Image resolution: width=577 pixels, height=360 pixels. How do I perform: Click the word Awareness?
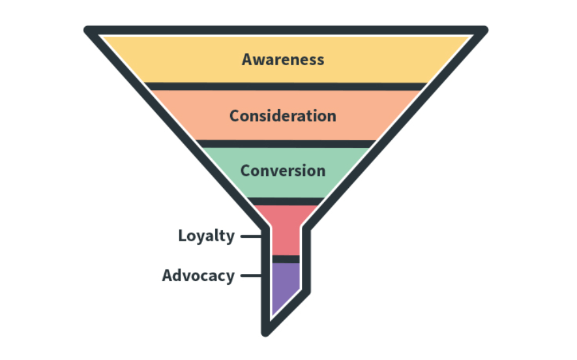point(283,59)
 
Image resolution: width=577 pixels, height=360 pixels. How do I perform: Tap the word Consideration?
point(283,116)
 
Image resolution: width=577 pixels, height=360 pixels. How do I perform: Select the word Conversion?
point(283,171)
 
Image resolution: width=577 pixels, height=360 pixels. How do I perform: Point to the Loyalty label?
point(206,236)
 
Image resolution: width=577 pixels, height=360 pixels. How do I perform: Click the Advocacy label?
point(198,275)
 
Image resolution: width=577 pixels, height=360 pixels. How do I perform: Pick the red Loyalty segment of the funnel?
point(286,232)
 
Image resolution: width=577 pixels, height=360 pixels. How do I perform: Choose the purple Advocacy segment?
point(284,284)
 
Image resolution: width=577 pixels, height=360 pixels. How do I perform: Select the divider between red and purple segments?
point(286,259)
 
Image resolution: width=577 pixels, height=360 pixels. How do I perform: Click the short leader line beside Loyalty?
point(249,236)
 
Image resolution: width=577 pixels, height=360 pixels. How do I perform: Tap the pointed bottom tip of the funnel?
point(266,331)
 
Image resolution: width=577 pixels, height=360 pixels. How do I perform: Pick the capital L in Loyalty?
point(183,235)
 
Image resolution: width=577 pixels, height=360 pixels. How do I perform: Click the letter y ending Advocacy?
point(229,277)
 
